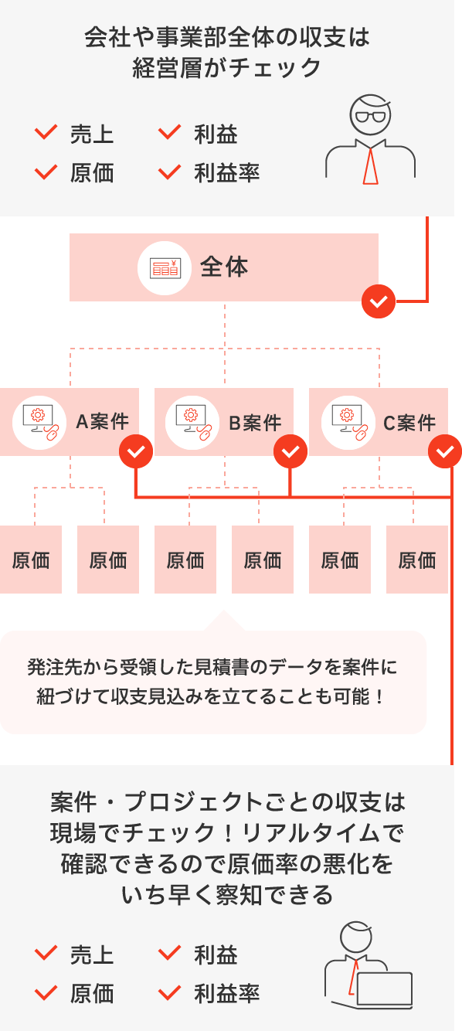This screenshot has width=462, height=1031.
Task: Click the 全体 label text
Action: pyautogui.click(x=224, y=267)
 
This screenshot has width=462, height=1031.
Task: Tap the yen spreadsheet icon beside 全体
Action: pyautogui.click(x=165, y=267)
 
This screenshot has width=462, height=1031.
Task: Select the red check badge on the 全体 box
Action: pyautogui.click(x=379, y=301)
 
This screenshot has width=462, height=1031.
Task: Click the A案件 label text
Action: pyautogui.click(x=102, y=423)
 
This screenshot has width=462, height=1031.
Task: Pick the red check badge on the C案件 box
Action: pyautogui.click(x=445, y=451)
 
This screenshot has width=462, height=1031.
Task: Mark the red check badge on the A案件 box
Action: pyautogui.click(x=136, y=451)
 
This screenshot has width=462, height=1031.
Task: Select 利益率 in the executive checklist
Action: pyautogui.click(x=226, y=173)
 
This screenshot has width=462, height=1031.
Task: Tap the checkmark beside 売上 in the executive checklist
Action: pyautogui.click(x=46, y=134)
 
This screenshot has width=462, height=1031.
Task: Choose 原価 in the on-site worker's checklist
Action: pyautogui.click(x=92, y=993)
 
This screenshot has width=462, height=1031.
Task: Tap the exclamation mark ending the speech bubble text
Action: pyautogui.click(x=378, y=696)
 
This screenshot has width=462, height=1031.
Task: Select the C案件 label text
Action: pyautogui.click(x=409, y=423)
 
